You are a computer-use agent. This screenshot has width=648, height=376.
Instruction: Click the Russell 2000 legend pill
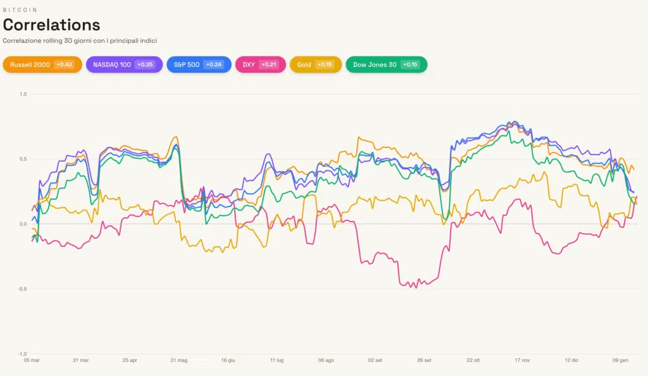click(42, 65)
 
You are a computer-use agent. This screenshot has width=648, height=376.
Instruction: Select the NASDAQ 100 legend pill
click(124, 65)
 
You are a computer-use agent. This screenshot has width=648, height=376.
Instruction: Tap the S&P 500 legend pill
click(199, 65)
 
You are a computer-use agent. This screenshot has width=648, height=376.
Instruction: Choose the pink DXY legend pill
click(259, 65)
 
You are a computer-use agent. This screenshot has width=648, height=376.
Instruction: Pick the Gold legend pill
click(315, 65)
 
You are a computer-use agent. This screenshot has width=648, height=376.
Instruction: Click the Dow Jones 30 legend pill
click(386, 65)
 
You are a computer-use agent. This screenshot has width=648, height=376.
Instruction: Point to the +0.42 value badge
click(64, 65)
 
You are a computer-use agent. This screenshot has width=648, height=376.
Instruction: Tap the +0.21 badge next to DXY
click(268, 65)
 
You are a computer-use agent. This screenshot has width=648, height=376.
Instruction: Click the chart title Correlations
click(51, 25)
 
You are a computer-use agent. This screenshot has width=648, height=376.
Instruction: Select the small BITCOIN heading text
click(20, 10)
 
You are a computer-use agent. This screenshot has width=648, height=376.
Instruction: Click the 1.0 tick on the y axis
click(23, 94)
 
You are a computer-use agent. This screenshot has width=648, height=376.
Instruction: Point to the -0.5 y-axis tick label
click(22, 289)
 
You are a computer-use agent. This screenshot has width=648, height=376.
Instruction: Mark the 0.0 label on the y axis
click(23, 224)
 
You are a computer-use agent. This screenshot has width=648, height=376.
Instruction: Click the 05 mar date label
click(32, 360)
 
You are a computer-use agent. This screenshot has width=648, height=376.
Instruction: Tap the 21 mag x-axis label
click(178, 360)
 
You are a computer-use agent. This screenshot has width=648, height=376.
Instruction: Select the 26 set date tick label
click(424, 360)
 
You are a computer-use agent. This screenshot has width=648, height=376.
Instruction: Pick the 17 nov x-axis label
click(522, 360)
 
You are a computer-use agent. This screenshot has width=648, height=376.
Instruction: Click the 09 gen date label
click(620, 360)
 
